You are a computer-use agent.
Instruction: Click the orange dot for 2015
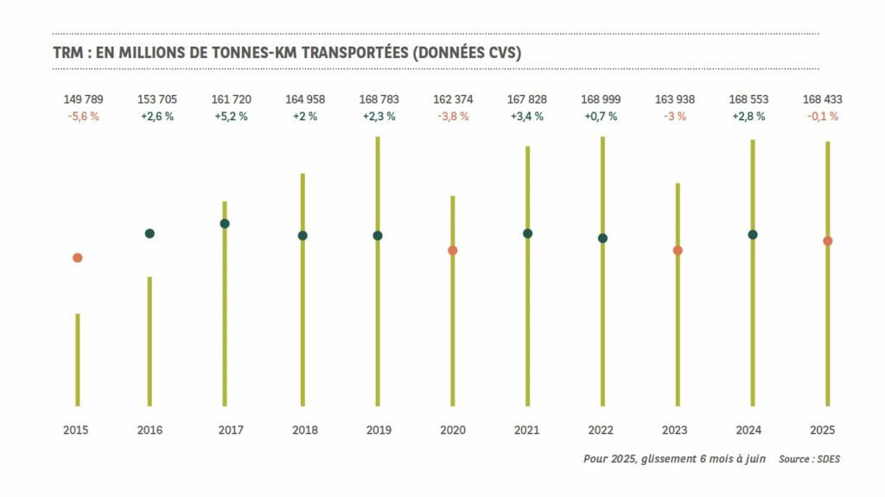point(78,258)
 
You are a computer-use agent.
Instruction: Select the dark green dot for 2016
point(150,233)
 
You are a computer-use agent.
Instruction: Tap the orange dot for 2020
point(452,251)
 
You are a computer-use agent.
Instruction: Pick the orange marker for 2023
point(678,251)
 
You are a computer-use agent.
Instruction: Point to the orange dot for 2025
point(827,241)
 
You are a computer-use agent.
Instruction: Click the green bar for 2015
point(78,359)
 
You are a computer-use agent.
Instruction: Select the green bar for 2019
point(378,328)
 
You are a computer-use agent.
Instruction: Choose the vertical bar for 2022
point(602,328)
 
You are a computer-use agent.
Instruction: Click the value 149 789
point(83,99)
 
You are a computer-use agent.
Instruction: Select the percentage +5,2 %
point(230,117)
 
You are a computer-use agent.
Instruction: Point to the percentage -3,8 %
point(453,117)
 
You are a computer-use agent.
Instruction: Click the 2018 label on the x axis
point(304,430)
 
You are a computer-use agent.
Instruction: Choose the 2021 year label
point(526,430)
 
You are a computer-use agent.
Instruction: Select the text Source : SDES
point(809,459)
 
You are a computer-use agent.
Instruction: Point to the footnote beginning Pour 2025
point(676,459)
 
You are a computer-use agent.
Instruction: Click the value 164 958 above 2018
point(305,99)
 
